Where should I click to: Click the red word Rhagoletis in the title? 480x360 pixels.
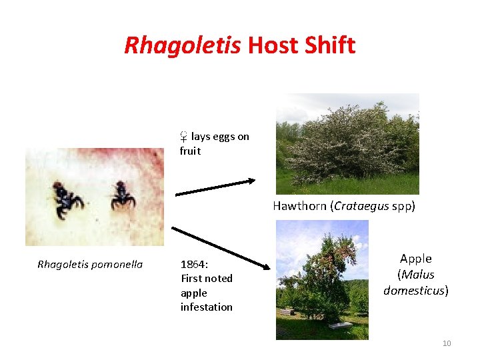[183, 45]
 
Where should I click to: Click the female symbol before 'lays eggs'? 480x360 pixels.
[183, 137]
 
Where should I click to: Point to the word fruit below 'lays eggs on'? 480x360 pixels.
[190, 151]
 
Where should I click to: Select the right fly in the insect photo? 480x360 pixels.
[123, 194]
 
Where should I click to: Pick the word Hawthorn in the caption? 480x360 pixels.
[299, 206]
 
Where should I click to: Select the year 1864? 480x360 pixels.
[193, 264]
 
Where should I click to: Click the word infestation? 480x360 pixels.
[206, 307]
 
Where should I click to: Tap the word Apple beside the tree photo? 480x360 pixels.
[415, 259]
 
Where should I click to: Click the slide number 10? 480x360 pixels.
[447, 343]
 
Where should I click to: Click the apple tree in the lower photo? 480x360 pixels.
[320, 273]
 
